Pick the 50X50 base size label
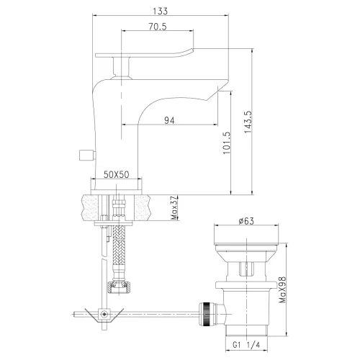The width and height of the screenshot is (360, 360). tap(117, 174)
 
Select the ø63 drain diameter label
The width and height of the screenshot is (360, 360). tap(248, 222)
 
